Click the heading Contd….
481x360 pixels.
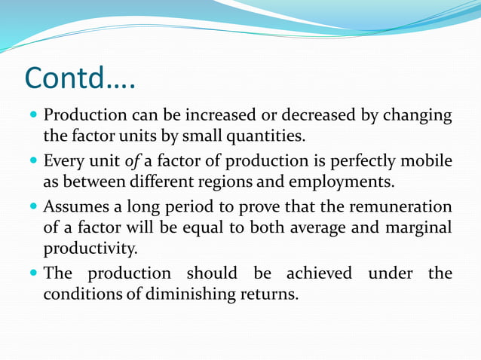point(80,78)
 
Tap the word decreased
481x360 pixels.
point(317,117)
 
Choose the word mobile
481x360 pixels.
point(428,161)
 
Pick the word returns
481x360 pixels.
point(268,293)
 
